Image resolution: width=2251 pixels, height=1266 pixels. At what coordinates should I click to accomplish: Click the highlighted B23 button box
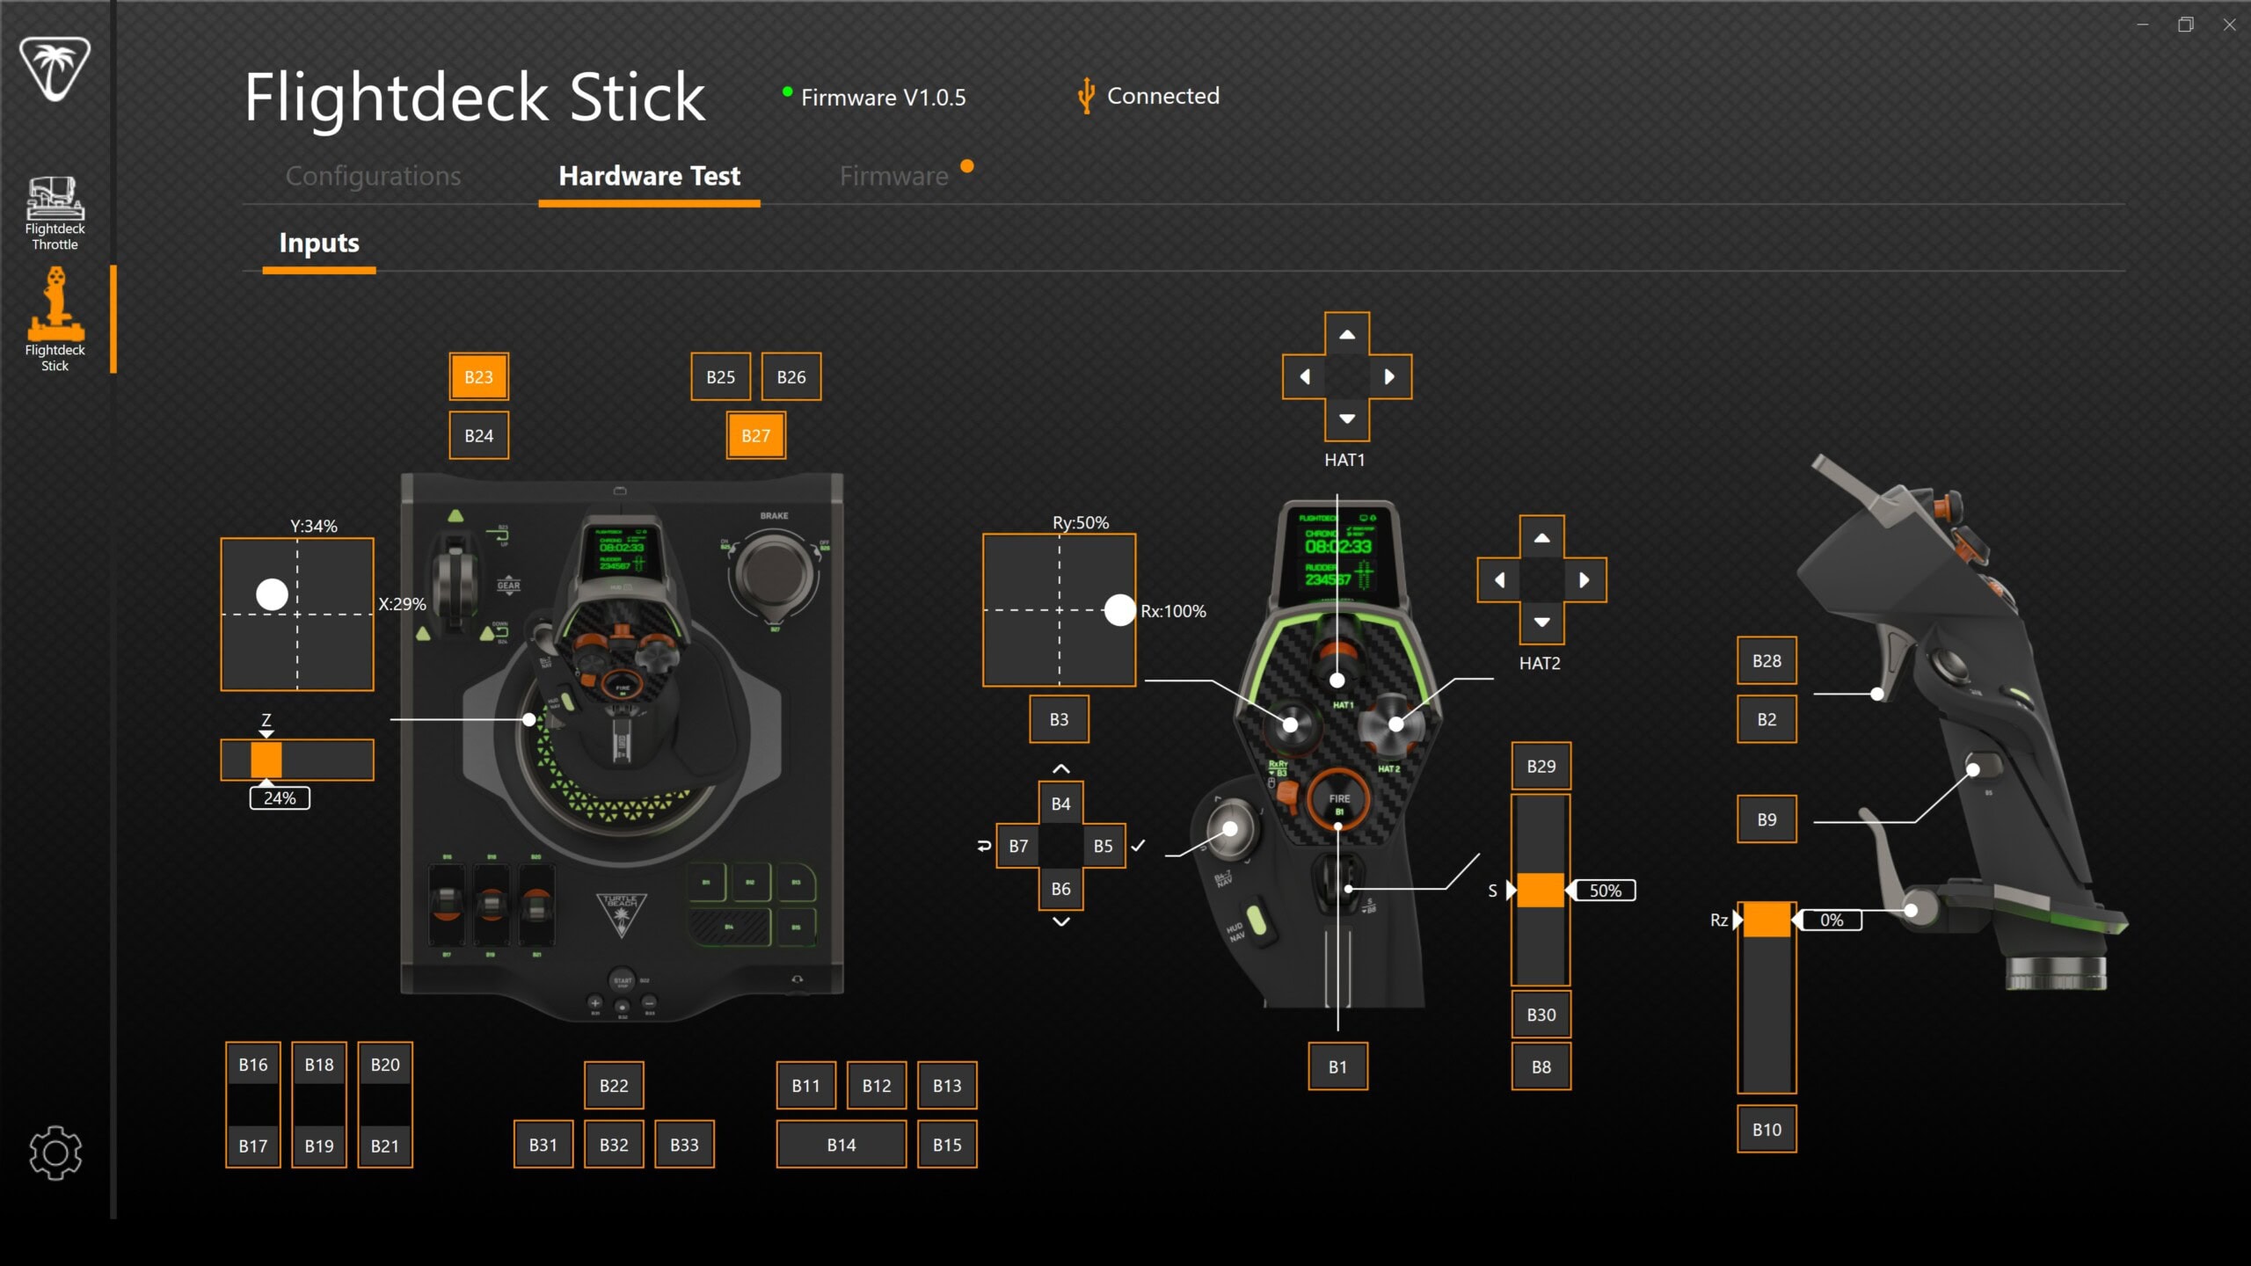[478, 376]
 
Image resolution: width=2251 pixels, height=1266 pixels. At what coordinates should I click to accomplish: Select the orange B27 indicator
[755, 435]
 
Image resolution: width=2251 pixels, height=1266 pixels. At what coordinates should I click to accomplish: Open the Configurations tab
[373, 176]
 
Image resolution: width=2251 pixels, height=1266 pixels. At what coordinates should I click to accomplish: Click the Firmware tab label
[893, 176]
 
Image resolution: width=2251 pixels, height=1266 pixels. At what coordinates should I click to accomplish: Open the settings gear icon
[55, 1152]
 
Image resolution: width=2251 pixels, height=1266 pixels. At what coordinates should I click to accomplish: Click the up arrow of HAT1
[1346, 335]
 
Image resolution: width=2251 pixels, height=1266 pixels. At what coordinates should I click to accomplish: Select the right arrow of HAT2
[1584, 580]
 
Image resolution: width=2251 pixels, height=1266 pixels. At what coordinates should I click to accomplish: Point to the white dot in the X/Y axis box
[272, 594]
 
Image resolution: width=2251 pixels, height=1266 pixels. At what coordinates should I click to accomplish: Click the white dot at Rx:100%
[1119, 609]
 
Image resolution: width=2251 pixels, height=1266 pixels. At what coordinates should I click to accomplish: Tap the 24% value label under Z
[280, 798]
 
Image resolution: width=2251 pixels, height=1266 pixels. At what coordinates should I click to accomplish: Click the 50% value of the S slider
[1605, 891]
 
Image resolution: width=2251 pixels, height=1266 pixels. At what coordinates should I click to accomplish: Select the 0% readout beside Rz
[1832, 920]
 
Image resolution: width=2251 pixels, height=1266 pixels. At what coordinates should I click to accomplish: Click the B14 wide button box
[841, 1145]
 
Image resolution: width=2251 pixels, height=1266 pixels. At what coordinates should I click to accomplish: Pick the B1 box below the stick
[1337, 1066]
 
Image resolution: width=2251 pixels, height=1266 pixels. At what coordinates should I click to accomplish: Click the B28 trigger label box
[1766, 660]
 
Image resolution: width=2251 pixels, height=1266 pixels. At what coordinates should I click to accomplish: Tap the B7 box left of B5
[1018, 846]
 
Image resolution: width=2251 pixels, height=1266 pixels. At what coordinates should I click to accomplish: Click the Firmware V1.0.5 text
[883, 97]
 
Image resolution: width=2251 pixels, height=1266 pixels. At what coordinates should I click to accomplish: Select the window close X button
[2229, 25]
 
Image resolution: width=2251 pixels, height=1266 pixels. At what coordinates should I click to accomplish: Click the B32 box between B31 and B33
[614, 1145]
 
